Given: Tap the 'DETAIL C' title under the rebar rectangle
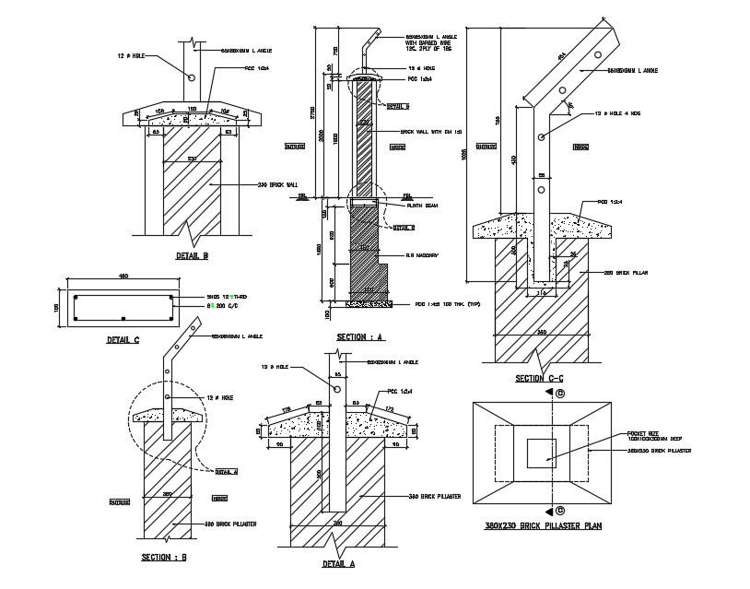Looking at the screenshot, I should (x=122, y=340).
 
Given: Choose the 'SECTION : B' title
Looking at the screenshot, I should (x=165, y=558).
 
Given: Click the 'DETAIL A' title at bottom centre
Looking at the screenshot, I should (x=338, y=564).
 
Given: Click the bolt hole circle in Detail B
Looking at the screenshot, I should (x=193, y=79).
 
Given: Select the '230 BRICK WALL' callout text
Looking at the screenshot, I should (x=281, y=184).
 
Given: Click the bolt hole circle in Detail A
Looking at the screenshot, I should (x=337, y=390).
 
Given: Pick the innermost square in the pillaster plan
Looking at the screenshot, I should (x=541, y=453).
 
